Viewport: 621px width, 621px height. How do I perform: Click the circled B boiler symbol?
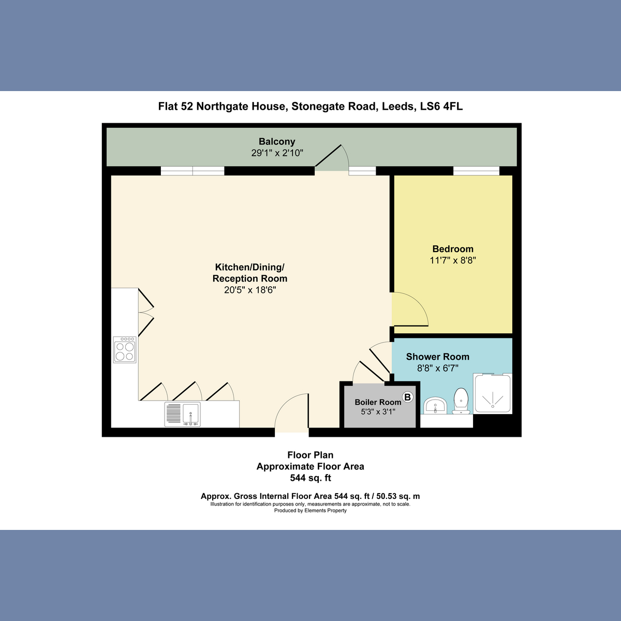click(408, 397)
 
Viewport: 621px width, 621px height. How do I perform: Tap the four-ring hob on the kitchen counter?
click(125, 349)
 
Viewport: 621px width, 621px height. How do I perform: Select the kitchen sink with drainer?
click(182, 414)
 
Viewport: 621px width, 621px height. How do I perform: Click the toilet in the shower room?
click(461, 402)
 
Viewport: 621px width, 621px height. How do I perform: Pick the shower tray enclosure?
click(493, 394)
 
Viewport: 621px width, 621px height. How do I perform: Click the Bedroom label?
click(453, 249)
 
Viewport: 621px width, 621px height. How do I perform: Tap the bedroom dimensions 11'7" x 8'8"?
click(453, 260)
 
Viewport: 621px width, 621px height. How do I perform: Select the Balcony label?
click(277, 141)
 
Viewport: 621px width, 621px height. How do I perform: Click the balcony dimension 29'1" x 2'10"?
click(277, 153)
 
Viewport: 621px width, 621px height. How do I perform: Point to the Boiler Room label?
click(378, 402)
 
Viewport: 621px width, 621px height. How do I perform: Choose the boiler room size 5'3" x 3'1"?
click(378, 412)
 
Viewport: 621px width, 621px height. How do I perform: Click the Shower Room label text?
click(437, 357)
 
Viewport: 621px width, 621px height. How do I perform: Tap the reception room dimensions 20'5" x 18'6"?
click(250, 290)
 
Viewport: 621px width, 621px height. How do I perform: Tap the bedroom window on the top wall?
click(476, 171)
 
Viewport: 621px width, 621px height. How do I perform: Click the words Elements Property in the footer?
click(326, 510)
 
